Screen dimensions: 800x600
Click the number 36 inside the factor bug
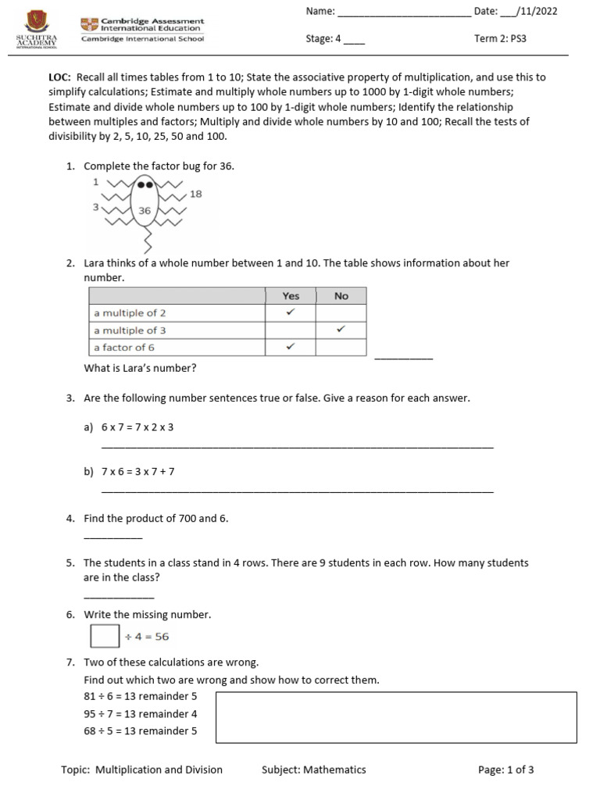pos(145,211)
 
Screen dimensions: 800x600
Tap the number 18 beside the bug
pos(195,194)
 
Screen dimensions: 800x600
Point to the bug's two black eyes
pos(145,185)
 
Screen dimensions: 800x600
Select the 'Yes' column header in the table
pos(291,296)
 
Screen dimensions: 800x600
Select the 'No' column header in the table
pos(341,296)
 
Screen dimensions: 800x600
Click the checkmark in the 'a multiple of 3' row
pos(341,330)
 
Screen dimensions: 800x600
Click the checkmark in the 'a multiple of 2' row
pos(291,312)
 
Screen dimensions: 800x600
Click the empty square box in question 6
pos(105,636)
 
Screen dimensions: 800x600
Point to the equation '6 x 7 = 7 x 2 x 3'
pos(137,427)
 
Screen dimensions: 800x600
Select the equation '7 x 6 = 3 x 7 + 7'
pos(137,472)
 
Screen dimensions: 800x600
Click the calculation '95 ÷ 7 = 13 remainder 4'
pos(141,714)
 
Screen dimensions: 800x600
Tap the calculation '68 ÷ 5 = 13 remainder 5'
pos(141,731)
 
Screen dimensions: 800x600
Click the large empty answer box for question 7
pos(396,716)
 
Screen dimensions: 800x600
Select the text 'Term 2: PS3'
pos(501,38)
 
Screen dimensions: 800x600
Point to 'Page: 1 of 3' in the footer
pos(505,770)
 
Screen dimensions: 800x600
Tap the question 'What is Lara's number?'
pos(140,368)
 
